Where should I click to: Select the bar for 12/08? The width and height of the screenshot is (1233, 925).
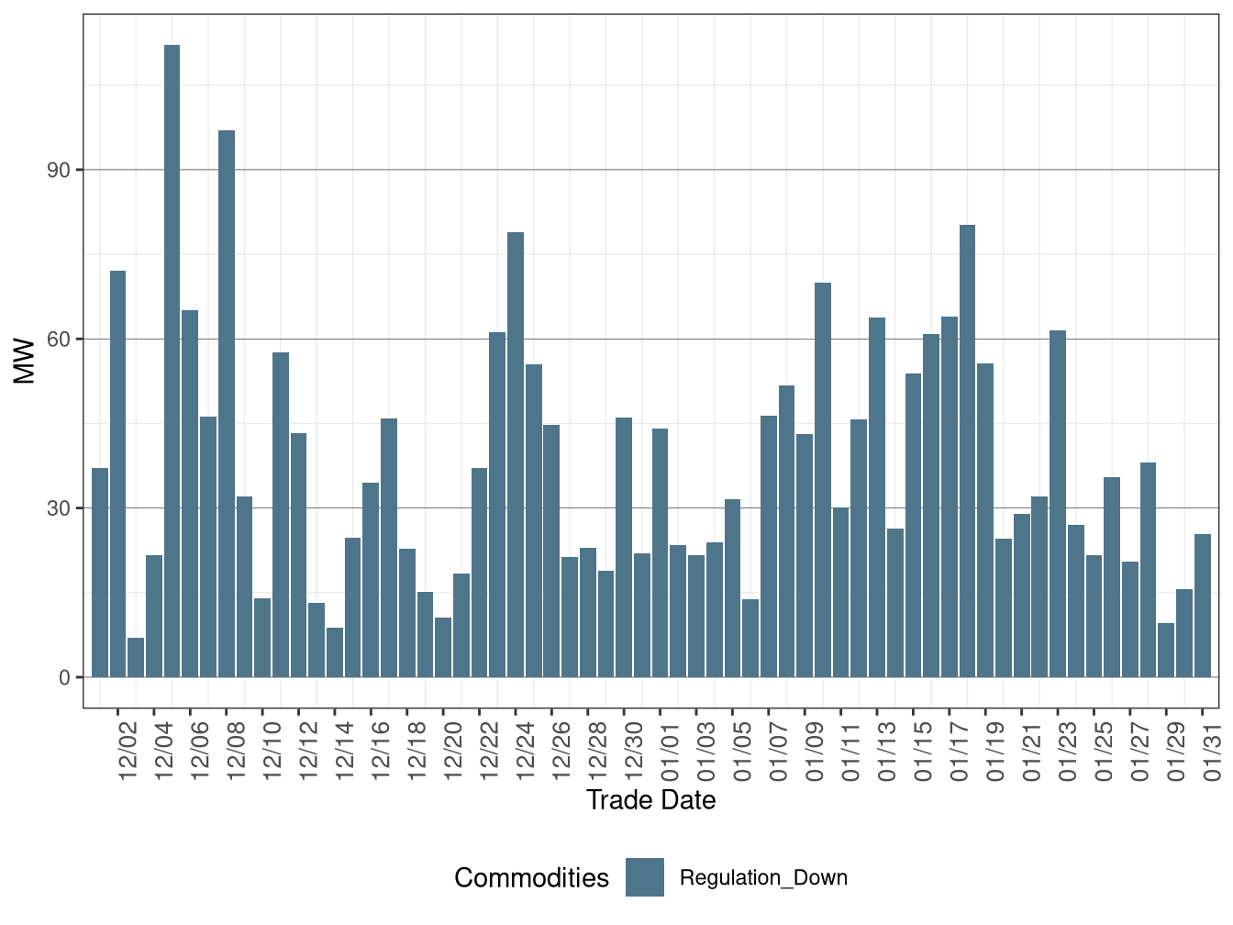(226, 404)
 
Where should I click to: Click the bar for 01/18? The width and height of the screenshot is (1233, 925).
(967, 451)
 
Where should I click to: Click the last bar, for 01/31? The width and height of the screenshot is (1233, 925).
(1203, 606)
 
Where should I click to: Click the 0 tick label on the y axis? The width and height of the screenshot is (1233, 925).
(64, 678)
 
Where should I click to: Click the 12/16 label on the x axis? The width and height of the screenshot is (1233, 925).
(381, 751)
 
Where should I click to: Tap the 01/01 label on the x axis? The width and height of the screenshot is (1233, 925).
(670, 751)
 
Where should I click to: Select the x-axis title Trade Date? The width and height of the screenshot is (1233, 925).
(650, 800)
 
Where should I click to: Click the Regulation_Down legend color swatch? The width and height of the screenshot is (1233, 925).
(645, 877)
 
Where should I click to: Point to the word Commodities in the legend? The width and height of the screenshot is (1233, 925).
(531, 878)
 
